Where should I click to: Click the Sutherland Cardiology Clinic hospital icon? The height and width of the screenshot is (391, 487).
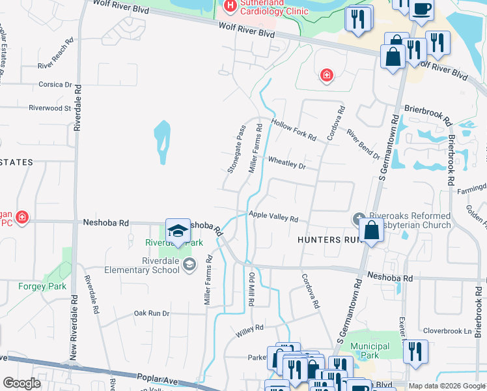(229, 6)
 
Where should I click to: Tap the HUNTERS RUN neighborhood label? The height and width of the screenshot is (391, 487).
(329, 240)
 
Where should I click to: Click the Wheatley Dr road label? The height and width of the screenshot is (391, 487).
(286, 164)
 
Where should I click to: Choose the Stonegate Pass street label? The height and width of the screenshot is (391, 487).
(237, 149)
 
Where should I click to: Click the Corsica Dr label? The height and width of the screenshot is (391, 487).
(55, 85)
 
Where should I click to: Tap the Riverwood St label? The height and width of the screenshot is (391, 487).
(49, 108)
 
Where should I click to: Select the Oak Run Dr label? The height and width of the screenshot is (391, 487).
(151, 313)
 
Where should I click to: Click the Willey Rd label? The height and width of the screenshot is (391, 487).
(249, 330)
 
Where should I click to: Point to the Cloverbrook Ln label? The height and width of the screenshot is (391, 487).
(447, 331)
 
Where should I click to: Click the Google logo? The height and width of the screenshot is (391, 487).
(21, 383)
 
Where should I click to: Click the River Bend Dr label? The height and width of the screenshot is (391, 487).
(363, 145)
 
